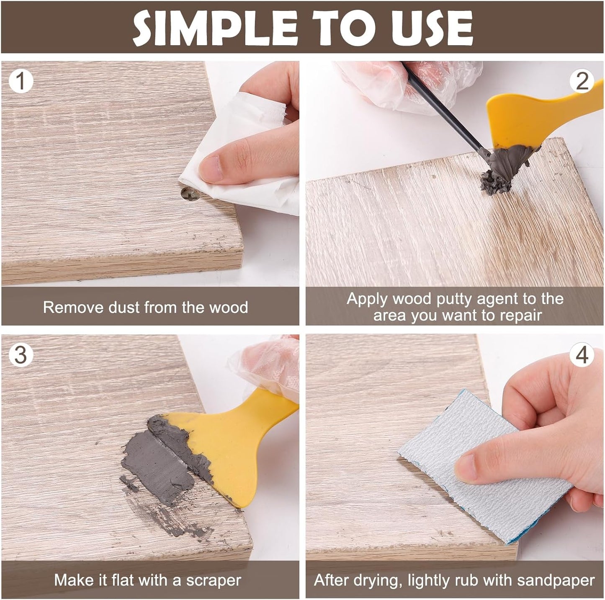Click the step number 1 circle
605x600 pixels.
point(21,81)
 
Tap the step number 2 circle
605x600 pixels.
point(582,81)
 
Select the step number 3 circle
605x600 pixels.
point(21,355)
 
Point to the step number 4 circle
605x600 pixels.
point(582,355)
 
